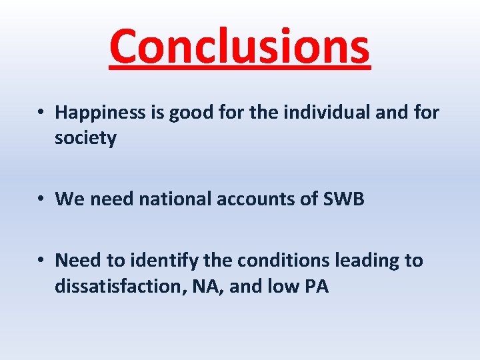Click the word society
coord(86,139)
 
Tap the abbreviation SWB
coord(343,199)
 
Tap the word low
coord(285,286)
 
